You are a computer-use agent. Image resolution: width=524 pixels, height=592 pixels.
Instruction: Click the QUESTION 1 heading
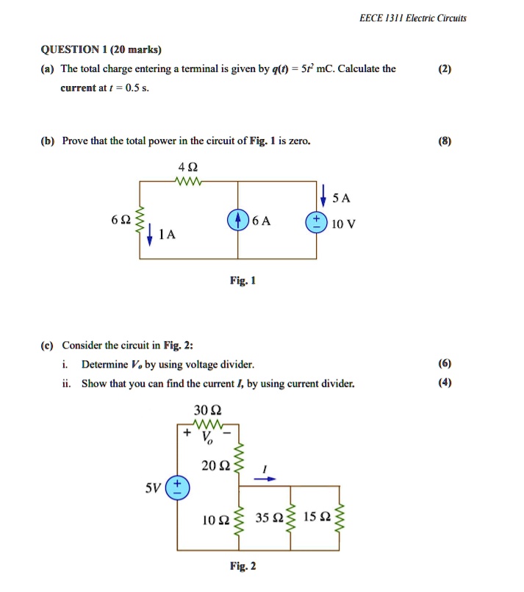point(101,50)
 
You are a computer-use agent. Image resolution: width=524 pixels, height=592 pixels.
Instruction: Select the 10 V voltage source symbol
point(317,222)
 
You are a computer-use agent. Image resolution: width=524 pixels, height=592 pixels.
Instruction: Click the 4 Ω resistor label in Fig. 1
point(186,165)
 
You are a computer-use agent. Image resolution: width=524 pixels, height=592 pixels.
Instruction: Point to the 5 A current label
point(342,199)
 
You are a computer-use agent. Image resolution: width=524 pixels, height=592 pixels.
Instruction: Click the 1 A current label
point(168,235)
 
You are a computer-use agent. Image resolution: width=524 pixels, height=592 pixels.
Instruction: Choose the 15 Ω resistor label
point(317,520)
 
